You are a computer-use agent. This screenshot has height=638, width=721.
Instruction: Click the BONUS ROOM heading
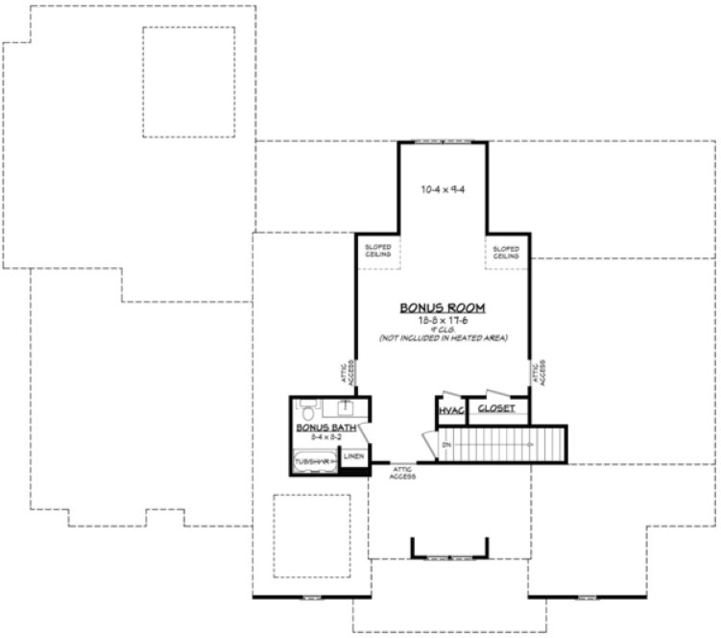tap(443, 308)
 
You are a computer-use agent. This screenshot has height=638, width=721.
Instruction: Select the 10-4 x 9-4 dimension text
tap(443, 189)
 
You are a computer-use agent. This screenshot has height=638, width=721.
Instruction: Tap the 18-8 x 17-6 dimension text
tap(443, 320)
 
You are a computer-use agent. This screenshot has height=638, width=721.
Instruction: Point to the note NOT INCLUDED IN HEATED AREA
tap(443, 338)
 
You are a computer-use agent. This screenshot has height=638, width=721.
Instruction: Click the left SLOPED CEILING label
tap(378, 252)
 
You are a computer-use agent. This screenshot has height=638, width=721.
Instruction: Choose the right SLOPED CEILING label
tap(506, 252)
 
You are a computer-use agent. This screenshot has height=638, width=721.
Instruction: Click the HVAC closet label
tap(450, 410)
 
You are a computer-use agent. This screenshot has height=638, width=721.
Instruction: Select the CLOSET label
tap(496, 409)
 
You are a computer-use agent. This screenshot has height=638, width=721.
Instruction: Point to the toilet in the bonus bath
tap(306, 407)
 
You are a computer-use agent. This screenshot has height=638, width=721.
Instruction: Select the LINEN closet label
tap(353, 456)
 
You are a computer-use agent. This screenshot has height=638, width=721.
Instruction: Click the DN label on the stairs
tap(447, 444)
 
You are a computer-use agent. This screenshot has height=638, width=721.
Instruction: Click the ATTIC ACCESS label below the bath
tap(402, 473)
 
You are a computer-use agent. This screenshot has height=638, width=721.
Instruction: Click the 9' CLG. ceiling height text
tap(443, 330)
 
